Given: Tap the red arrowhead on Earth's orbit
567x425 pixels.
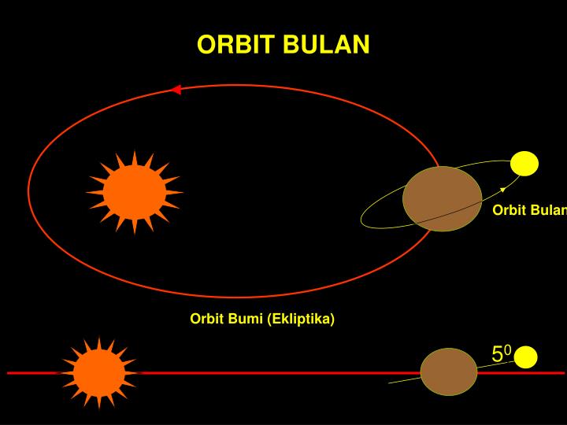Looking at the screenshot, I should [176, 90].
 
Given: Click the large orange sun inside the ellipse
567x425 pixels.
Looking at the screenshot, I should [135, 192].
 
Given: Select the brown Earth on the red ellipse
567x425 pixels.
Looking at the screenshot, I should [442, 198].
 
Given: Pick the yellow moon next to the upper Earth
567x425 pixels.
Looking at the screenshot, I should [524, 164].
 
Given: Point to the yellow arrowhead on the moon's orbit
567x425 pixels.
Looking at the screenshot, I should [502, 190].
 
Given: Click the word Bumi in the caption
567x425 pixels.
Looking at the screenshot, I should [245, 319].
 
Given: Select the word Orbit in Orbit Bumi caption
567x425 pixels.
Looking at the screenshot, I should [207, 319].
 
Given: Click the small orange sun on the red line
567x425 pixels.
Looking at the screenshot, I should [98, 372].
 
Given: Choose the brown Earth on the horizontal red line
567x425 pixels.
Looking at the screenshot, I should [448, 371].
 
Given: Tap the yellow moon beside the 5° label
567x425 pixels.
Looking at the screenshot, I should [525, 357].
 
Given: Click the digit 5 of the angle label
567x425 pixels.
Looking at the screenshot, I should [498, 355].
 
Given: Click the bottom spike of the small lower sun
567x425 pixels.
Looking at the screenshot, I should [99, 405].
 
